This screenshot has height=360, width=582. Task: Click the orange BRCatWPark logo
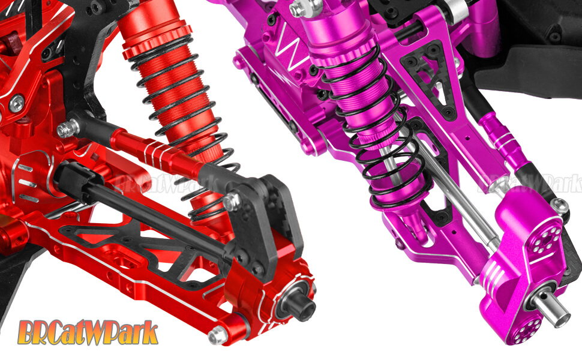tap(88, 332)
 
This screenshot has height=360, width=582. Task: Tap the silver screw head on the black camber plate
tap(233, 201)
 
